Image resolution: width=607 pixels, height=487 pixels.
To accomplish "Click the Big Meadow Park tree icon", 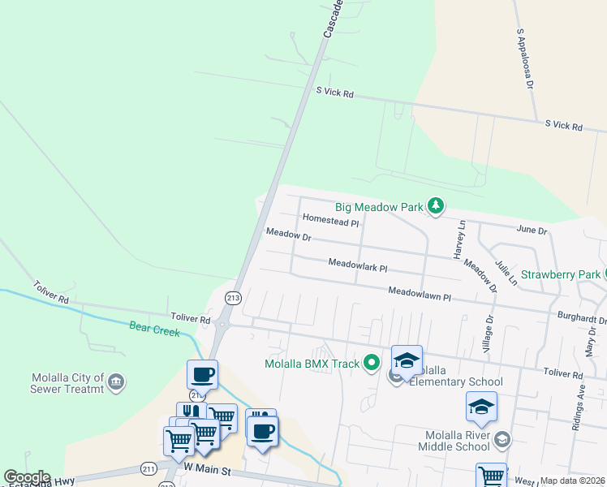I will pos(437,206).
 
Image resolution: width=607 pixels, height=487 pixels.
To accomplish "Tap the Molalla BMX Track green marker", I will pos(372,362).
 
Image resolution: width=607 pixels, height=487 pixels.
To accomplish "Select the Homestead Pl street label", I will pos(330,220).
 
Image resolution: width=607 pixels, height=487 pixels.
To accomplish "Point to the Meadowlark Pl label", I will pos(358,265).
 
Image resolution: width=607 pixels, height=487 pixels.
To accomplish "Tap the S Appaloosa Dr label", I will pos(525,59).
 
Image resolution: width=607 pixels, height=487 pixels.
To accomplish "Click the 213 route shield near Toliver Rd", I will pos(234,297).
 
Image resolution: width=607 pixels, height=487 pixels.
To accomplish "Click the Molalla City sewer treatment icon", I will pos(115,381).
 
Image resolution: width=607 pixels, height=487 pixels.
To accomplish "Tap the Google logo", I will pos(27,477).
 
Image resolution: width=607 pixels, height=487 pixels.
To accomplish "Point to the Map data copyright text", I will pos(573,481).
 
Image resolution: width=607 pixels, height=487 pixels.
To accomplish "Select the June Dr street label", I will pos(532,231).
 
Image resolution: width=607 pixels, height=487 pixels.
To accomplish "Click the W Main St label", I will pos(207,469).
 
